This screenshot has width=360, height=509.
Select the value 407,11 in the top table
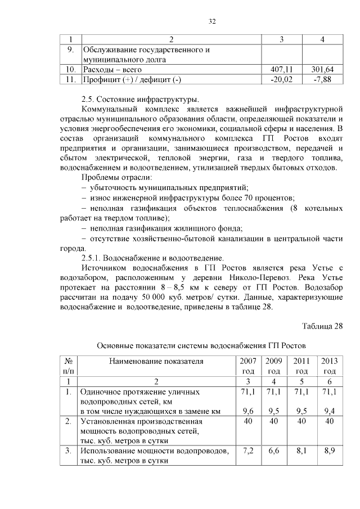pyautogui.click(x=283, y=70)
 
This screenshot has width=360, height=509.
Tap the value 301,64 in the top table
pyautogui.click(x=322, y=70)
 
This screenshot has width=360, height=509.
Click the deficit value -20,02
pyautogui.click(x=283, y=80)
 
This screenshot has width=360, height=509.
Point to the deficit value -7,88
pyautogui.click(x=322, y=80)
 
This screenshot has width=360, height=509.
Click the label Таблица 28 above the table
pyautogui.click(x=322, y=326)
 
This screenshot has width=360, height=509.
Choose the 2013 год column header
pyautogui.click(x=329, y=366)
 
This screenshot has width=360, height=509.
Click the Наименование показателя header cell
pyautogui.click(x=156, y=361)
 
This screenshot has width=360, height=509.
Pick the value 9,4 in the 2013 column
pyautogui.click(x=330, y=411)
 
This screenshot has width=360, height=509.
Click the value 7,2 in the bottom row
pyautogui.click(x=248, y=451)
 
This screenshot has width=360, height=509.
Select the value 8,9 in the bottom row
pyautogui.click(x=330, y=451)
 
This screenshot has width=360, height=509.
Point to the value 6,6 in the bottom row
pyautogui.click(x=274, y=451)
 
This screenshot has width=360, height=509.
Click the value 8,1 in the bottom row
pyautogui.click(x=301, y=451)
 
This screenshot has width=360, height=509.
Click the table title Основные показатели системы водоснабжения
pyautogui.click(x=201, y=345)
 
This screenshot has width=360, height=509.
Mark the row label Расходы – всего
pyautogui.click(x=111, y=70)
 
